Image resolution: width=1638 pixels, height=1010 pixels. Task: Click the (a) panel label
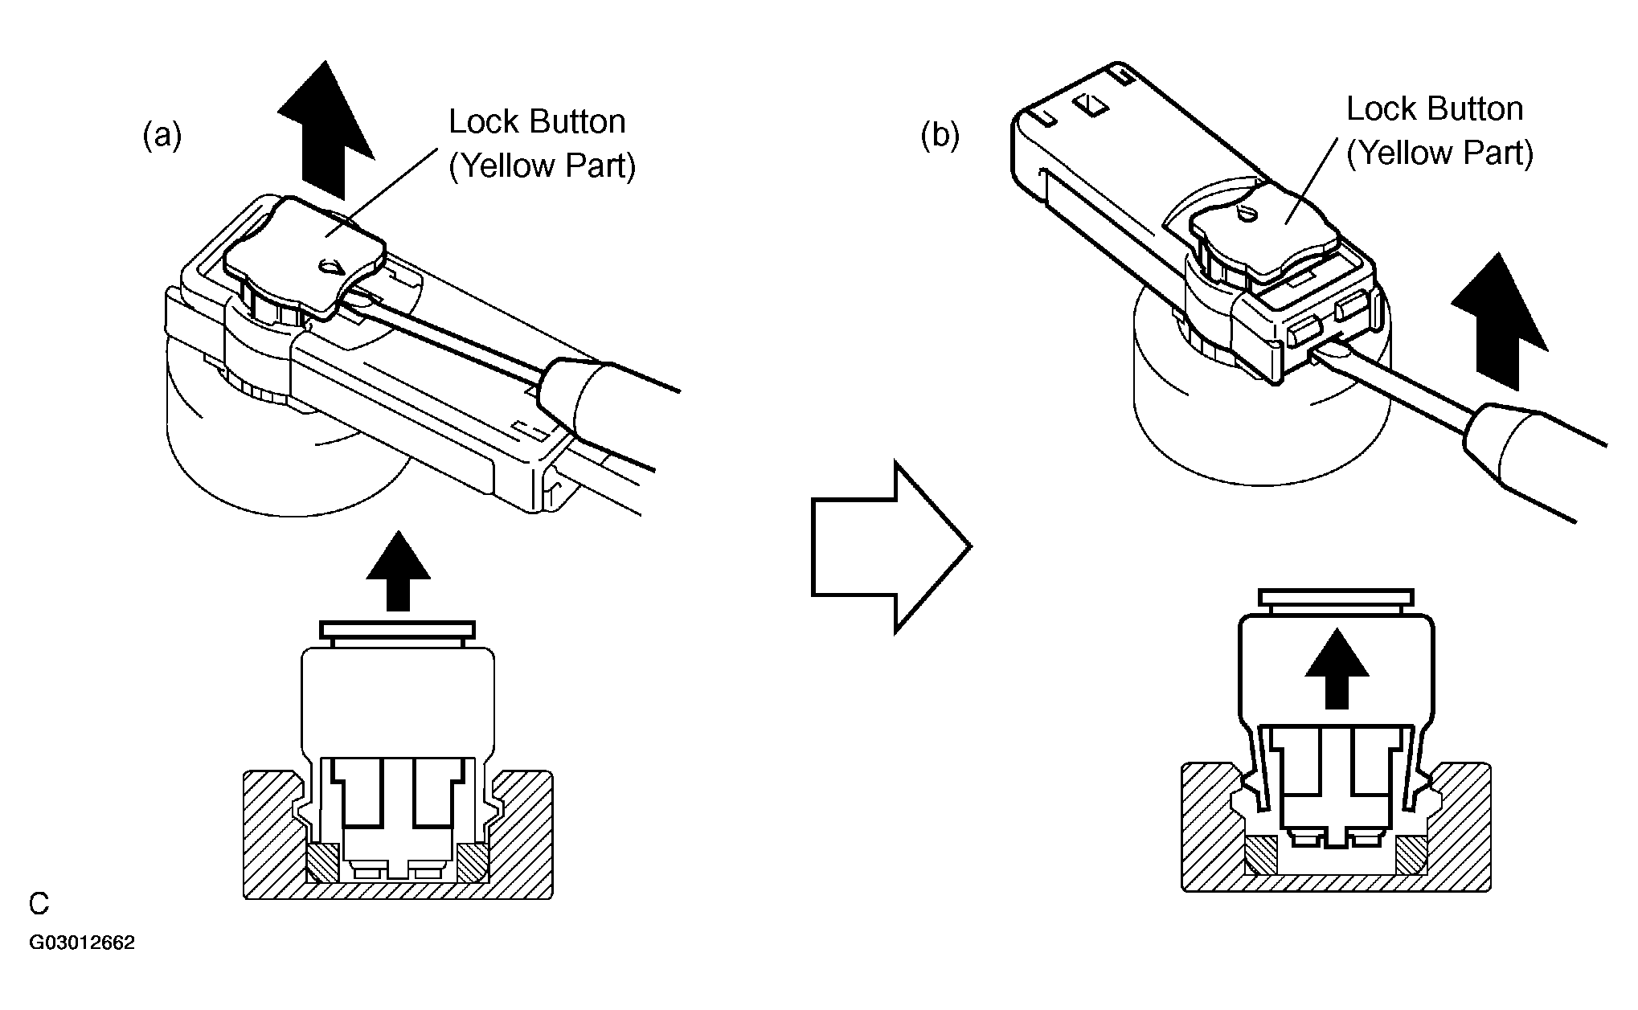coord(162,137)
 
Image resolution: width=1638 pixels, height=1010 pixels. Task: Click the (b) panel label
coord(940,137)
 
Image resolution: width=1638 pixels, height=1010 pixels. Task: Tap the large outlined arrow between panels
coord(892,547)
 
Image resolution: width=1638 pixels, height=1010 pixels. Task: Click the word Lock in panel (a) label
coord(481,122)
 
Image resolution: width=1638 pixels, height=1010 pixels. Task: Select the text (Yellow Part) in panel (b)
coord(1441,153)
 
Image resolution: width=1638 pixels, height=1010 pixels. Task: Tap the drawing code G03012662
coord(83,943)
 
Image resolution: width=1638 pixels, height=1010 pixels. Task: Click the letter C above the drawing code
coord(39,904)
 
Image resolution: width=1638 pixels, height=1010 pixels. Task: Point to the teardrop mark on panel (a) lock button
coord(330,267)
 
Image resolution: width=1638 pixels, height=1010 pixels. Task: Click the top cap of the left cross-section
coord(398,631)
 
